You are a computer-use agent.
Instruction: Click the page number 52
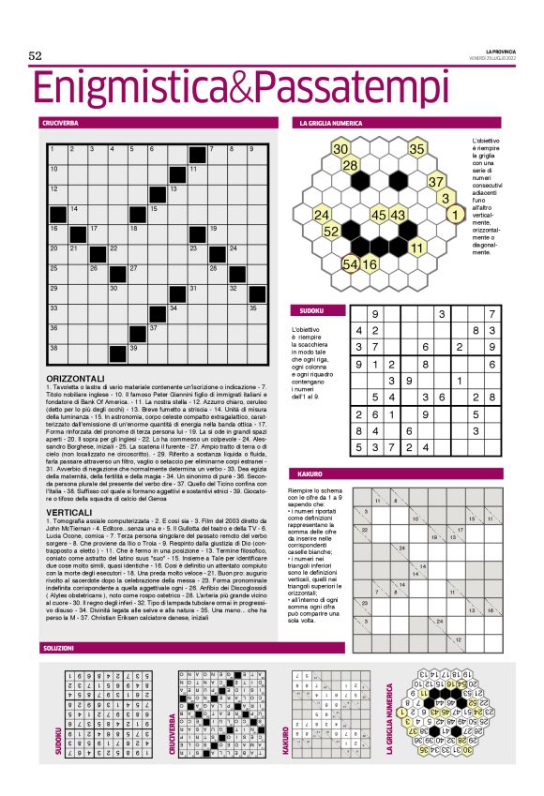point(37,56)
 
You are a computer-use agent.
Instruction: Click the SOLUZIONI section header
point(58,649)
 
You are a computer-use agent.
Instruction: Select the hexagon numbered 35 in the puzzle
point(417,149)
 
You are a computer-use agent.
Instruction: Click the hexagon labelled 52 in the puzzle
point(331,232)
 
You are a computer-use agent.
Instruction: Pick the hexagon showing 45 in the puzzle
point(379,216)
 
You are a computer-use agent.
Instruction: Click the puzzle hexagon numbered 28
point(350,166)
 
